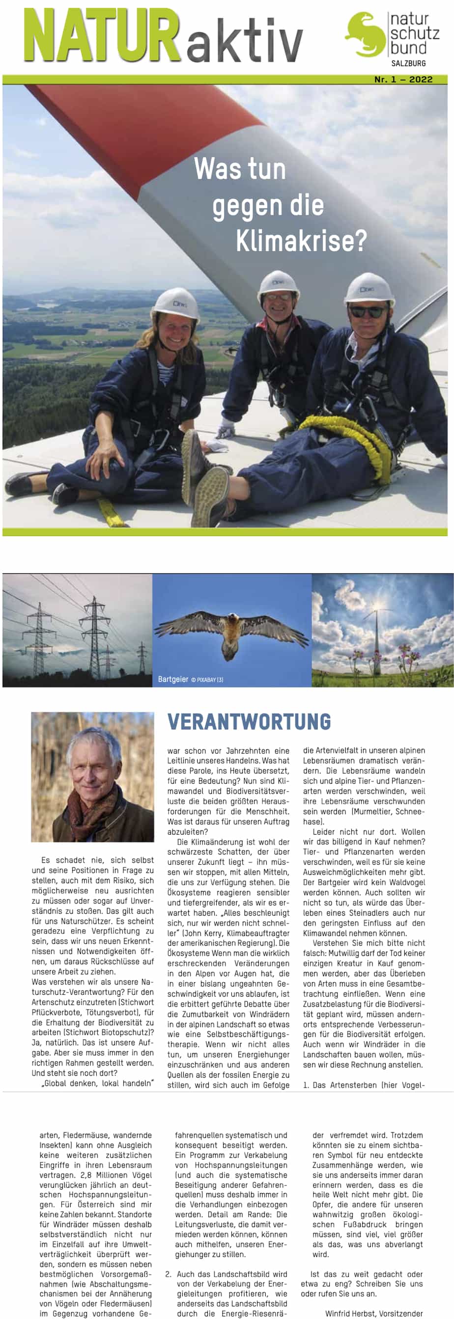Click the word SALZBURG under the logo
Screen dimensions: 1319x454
(408, 63)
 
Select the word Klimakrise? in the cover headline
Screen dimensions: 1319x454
(301, 241)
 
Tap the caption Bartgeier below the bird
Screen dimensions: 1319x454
(172, 680)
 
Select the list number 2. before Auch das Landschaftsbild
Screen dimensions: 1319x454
(169, 1274)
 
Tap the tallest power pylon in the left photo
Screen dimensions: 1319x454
(95, 635)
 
